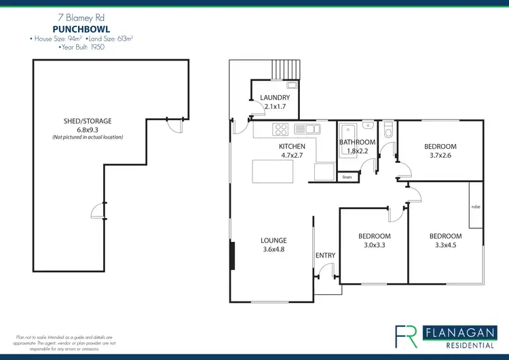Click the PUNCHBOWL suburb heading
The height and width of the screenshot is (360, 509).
[81, 29]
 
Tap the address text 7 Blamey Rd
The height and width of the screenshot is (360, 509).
[81, 18]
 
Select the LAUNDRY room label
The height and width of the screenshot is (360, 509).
[275, 98]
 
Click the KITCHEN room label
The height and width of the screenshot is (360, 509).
[292, 146]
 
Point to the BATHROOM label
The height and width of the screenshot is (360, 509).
[357, 142]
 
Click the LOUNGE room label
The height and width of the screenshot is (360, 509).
[274, 240]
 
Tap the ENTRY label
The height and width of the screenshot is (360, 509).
[325, 255]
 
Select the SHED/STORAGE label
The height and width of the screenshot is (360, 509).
[88, 121]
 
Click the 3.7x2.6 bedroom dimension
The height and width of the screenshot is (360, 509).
[440, 156]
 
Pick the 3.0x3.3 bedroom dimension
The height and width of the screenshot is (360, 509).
[374, 246]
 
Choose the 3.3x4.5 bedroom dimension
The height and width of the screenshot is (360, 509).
[445, 246]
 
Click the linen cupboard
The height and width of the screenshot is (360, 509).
[347, 177]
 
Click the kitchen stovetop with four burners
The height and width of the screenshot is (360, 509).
[281, 129]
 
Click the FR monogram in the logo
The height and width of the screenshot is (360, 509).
[407, 335]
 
